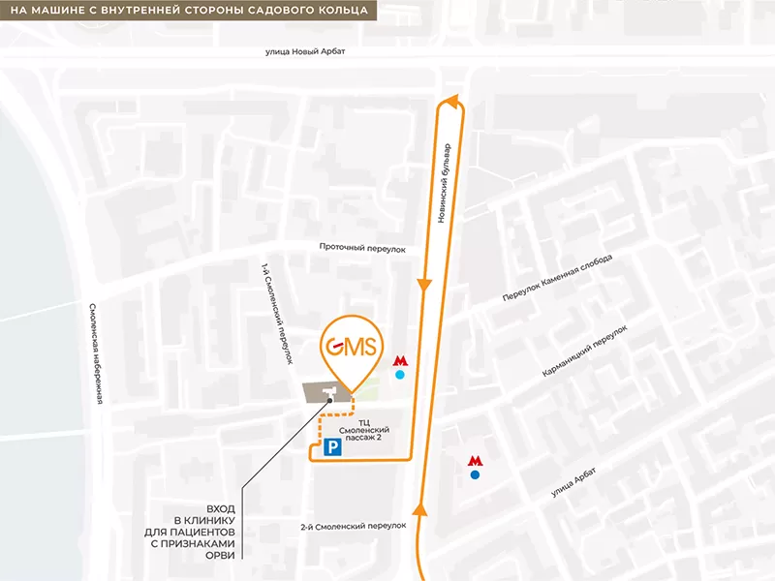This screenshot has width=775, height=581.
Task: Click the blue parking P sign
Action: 331,446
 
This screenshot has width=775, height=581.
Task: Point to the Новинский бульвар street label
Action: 445,183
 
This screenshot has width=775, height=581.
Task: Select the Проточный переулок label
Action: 363,247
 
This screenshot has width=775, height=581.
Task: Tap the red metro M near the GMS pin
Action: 400,360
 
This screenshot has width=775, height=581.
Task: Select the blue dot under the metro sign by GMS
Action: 400,375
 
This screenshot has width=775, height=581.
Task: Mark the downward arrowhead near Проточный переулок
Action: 424,285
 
